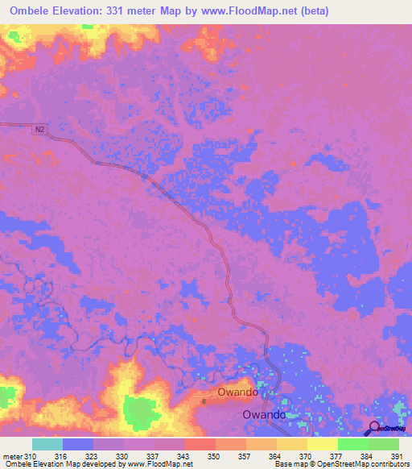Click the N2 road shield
39,128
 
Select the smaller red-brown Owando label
237,392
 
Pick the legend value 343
184,456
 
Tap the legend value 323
93,456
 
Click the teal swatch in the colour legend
47,444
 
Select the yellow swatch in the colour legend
322,444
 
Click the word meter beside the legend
12,456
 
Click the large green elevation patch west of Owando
141,413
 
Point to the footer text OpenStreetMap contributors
360,465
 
